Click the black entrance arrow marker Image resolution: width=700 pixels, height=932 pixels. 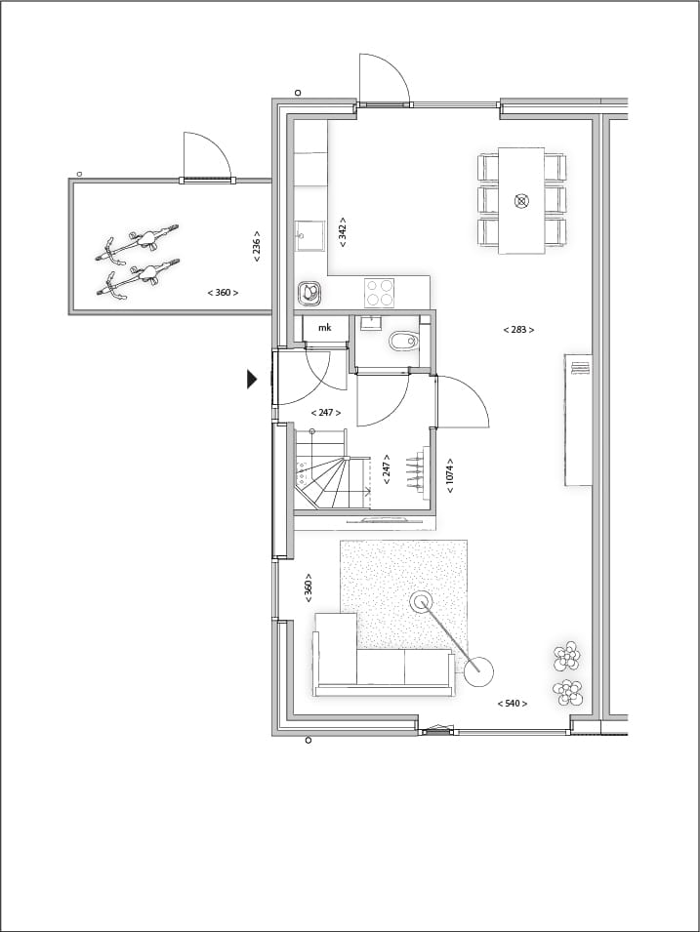pos(252,379)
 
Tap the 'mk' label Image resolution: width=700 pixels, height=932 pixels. pos(324,328)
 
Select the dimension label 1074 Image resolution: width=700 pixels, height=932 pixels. pos(450,475)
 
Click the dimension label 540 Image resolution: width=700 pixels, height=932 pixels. pos(512,704)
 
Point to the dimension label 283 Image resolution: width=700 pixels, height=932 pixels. pos(518,330)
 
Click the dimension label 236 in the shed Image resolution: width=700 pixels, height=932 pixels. pos(257,245)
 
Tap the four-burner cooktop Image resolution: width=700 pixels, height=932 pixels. pos(380,291)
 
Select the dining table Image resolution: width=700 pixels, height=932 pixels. pos(521,200)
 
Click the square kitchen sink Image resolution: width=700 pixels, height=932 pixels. pos(310,235)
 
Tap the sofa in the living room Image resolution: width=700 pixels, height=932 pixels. pos(381,664)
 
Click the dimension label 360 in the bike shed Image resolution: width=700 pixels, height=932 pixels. pos(223,293)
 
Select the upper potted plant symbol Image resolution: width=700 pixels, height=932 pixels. pos(566,657)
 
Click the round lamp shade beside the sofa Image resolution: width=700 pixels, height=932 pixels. pos(478,670)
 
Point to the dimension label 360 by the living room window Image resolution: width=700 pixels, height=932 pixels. pos(309,587)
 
